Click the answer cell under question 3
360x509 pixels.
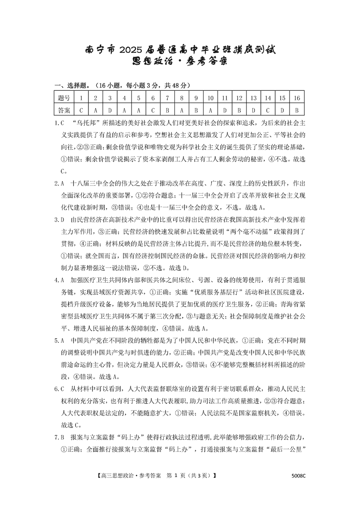coord(110,110)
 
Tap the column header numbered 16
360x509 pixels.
coord(297,98)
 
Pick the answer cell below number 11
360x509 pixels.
coord(225,110)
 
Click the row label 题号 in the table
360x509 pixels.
coord(64,98)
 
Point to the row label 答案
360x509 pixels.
coord(64,110)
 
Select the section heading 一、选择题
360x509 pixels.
coord(69,86)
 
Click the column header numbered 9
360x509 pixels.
coord(196,98)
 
